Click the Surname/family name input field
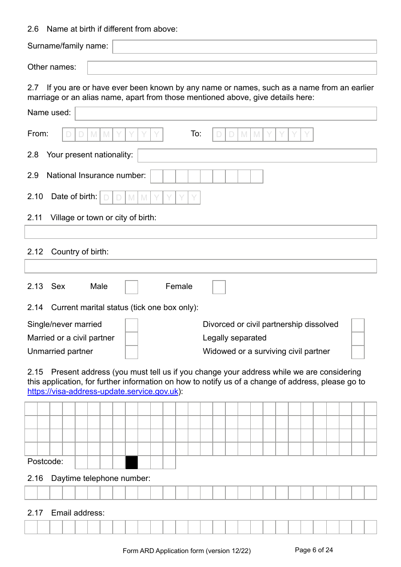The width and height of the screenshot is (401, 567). click(244, 47)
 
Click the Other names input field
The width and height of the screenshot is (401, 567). click(232, 68)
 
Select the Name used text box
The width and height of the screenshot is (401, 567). click(226, 113)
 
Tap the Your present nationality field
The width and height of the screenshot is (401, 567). click(257, 156)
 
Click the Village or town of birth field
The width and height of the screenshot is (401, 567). click(200, 232)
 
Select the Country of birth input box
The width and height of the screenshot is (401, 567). click(200, 266)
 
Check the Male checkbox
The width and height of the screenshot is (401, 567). click(132, 287)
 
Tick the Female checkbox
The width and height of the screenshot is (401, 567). click(219, 287)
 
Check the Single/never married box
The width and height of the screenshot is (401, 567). click(132, 325)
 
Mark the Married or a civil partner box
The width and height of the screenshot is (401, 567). click(132, 339)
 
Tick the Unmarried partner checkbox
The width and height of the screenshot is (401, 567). click(132, 352)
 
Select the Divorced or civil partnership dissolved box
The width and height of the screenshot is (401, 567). click(358, 325)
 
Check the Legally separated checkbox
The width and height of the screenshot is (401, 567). click(358, 339)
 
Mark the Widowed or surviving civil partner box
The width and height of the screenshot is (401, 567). click(358, 352)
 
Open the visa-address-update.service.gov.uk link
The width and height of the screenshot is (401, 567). click(103, 391)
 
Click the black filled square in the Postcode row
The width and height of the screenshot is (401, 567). click(132, 463)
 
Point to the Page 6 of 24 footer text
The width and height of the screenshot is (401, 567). click(314, 550)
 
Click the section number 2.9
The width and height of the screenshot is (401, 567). click(33, 175)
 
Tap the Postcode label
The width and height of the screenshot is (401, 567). click(45, 462)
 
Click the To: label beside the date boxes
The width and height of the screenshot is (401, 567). click(196, 134)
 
